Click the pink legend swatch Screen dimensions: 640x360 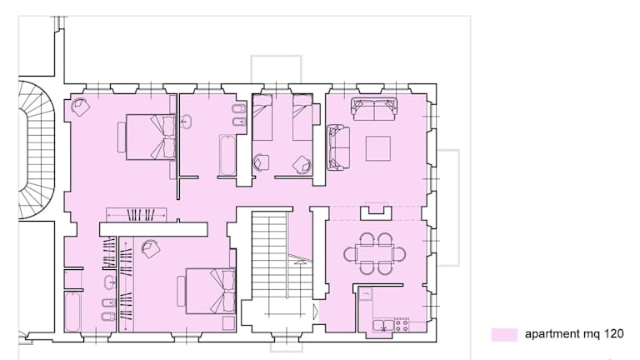click(x=504, y=334)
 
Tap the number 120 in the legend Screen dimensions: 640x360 click(x=613, y=334)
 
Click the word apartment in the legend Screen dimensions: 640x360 click(x=552, y=334)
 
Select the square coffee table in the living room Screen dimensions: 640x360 click(x=378, y=148)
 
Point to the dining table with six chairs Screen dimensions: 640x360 click(x=375, y=254)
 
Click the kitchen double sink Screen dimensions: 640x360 click(x=383, y=326)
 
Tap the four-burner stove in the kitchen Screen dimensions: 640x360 click(x=402, y=324)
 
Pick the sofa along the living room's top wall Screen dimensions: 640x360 click(x=374, y=109)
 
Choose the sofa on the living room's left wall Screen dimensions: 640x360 click(x=338, y=147)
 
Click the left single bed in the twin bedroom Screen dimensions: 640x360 click(x=262, y=117)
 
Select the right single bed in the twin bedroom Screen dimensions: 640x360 click(x=302, y=117)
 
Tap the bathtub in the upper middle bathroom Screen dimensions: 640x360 click(x=227, y=155)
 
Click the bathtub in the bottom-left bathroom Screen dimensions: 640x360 click(x=72, y=311)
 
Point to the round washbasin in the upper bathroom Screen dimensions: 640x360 click(x=186, y=122)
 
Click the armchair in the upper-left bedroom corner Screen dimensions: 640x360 click(x=80, y=107)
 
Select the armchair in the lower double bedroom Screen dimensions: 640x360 click(x=150, y=248)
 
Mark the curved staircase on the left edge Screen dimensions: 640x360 click(x=37, y=150)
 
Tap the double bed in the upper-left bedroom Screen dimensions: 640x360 click(x=151, y=137)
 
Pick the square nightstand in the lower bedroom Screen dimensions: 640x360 click(x=229, y=322)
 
